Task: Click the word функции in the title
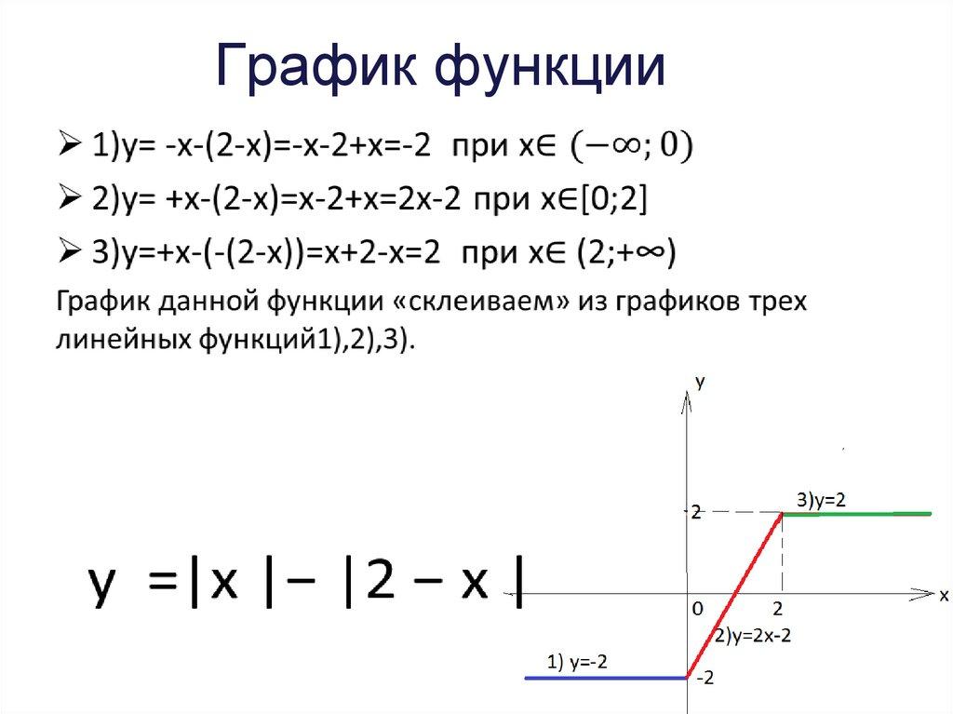click(x=549, y=67)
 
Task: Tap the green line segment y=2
click(x=856, y=513)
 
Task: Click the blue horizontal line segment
click(x=605, y=678)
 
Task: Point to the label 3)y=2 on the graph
click(x=821, y=499)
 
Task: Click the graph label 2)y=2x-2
click(x=754, y=637)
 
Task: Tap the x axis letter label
click(x=943, y=593)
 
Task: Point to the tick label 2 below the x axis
click(x=778, y=609)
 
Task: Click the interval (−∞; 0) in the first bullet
click(x=633, y=147)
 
